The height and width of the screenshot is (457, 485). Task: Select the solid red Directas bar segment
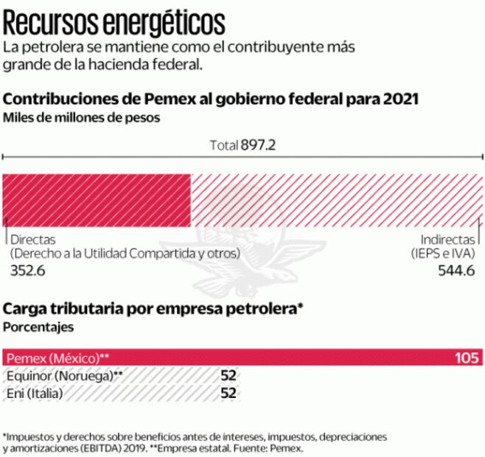(97, 198)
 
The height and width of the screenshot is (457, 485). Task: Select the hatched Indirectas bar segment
(337, 198)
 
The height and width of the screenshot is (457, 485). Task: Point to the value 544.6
(456, 270)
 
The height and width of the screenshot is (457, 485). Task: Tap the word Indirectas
(447, 240)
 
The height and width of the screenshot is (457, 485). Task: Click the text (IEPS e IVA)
(443, 254)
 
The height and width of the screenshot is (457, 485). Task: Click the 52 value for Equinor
(228, 376)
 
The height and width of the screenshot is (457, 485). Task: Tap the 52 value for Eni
(228, 393)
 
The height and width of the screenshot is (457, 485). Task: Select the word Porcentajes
(38, 324)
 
